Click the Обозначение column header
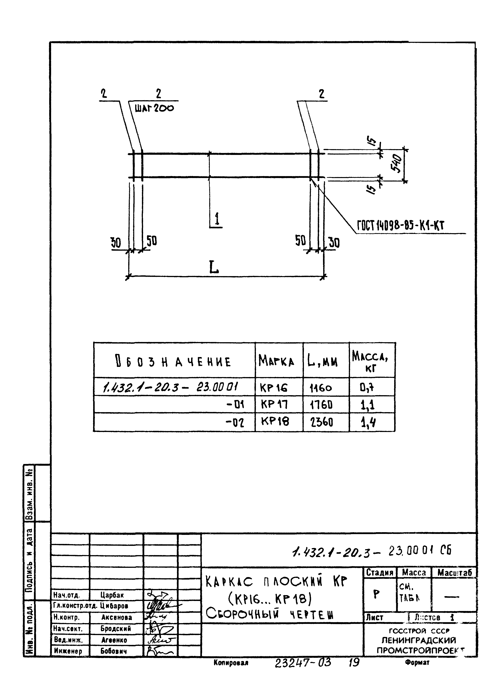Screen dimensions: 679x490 tap(173, 362)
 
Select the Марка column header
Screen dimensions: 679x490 tap(276, 361)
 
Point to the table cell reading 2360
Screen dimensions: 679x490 tap(321, 422)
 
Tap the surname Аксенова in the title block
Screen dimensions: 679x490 tap(117, 617)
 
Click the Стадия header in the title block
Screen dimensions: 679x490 tap(380, 573)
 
